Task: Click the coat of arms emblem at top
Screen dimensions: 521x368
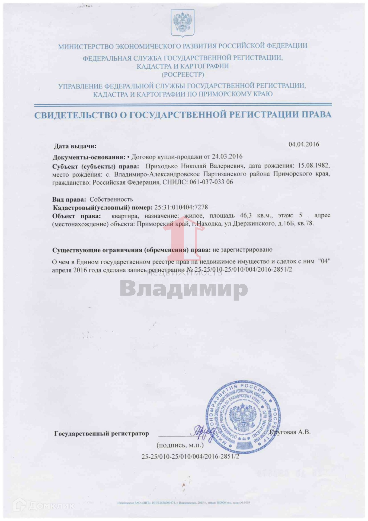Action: tap(183, 23)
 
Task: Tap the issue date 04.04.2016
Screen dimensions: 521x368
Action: tap(304, 144)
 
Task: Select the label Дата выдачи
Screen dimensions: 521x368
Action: tap(75, 146)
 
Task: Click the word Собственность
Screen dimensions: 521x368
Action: tap(111, 199)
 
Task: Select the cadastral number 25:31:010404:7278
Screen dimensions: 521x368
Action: tap(181, 207)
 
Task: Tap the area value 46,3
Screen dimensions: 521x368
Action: tap(246, 216)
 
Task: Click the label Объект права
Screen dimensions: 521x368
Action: tap(76, 216)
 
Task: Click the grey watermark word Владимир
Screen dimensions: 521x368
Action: tap(184, 288)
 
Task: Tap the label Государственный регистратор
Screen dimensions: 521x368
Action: tap(101, 434)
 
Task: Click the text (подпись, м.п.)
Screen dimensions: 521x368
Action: tap(180, 445)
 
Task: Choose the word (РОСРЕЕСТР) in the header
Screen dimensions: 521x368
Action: tap(183, 74)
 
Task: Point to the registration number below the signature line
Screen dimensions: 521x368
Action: tap(190, 457)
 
